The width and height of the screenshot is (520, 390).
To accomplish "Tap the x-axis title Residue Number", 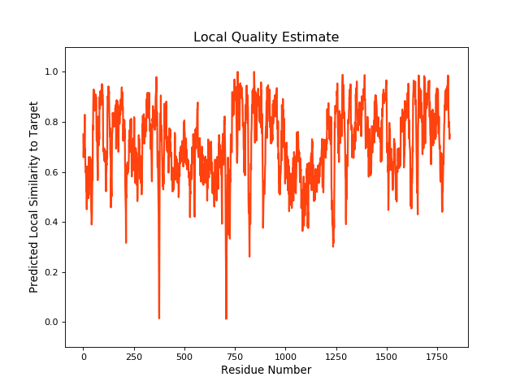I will tap(266, 370).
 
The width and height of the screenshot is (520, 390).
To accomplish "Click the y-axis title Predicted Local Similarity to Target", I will tap(34, 197).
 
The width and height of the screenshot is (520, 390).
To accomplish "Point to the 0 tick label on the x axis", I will tap(83, 355).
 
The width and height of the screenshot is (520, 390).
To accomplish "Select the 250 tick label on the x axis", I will tap(133, 355).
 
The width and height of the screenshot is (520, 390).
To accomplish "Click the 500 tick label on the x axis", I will tap(184, 355).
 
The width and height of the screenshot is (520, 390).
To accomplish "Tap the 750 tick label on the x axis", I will tap(235, 355).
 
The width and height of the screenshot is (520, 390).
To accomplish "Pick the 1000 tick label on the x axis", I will tap(285, 355).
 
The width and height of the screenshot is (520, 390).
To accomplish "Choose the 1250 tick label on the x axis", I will tap(336, 355).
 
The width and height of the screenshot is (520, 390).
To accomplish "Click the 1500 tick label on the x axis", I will tap(387, 355).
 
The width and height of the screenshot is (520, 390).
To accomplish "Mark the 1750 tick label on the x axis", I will tap(437, 355).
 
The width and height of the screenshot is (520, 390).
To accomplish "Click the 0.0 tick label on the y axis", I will tap(50, 323).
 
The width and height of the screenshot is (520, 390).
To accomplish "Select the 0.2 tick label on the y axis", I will tap(50, 272).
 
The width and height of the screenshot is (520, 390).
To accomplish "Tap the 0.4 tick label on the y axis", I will tap(50, 222).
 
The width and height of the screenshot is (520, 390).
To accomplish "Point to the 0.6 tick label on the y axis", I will tap(50, 172).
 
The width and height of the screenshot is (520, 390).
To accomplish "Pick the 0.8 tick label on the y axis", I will tap(50, 122).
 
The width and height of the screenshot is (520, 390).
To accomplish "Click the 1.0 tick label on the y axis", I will tap(50, 71).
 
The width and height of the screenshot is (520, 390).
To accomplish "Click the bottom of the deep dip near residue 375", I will tap(158, 318).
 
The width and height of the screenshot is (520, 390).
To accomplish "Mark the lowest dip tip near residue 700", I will tap(226, 318).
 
